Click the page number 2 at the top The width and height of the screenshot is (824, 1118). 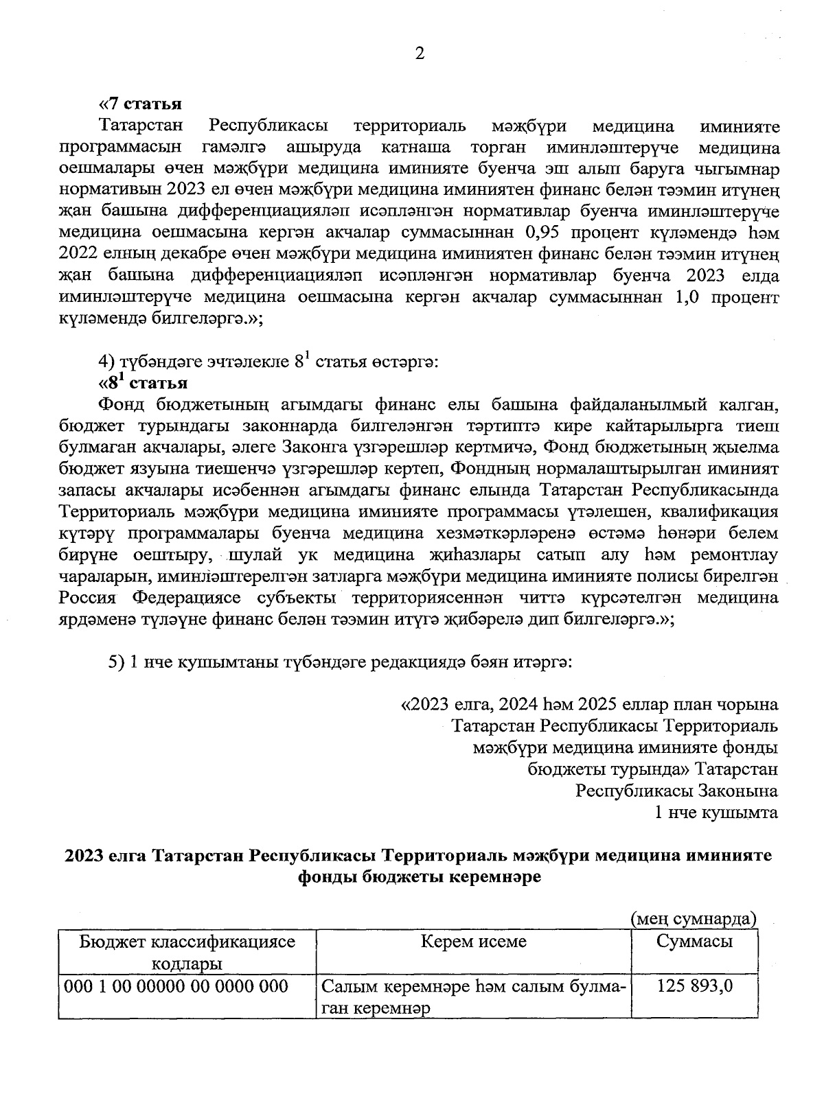[x=420, y=54]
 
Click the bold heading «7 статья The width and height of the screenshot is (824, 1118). [x=140, y=104]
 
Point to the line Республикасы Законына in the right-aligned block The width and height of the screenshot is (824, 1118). [x=676, y=791]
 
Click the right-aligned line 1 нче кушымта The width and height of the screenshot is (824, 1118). [x=717, y=813]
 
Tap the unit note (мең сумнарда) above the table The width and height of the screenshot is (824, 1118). [x=694, y=919]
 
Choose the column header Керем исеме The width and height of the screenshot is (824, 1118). [x=474, y=941]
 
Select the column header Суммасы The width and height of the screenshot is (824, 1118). [x=694, y=941]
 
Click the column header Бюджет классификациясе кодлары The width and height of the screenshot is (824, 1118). [x=187, y=952]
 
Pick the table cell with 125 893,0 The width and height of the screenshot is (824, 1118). [x=695, y=987]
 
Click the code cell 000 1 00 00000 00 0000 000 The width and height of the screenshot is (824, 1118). [x=176, y=987]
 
